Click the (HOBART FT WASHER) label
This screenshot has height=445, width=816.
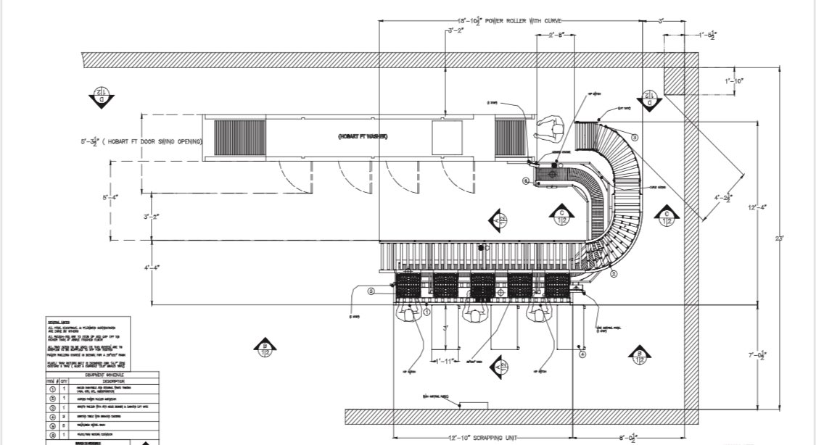click(362, 137)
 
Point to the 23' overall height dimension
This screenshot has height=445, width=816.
click(779, 240)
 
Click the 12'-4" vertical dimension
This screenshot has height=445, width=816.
click(755, 207)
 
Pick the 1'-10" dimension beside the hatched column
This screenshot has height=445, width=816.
click(734, 81)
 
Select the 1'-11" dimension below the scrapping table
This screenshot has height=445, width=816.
click(443, 360)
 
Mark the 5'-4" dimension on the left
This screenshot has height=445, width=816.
click(110, 196)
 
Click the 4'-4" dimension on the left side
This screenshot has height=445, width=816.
click(151, 268)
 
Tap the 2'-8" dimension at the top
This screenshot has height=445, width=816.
click(556, 35)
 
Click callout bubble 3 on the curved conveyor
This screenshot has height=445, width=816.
click(634, 137)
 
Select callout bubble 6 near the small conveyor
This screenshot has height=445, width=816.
click(526, 180)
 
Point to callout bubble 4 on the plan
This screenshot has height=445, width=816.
click(582, 354)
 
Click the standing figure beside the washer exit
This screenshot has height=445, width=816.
click(550, 130)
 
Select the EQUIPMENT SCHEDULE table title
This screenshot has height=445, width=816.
click(102, 375)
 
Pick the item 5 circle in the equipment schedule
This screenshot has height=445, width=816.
click(51, 425)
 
